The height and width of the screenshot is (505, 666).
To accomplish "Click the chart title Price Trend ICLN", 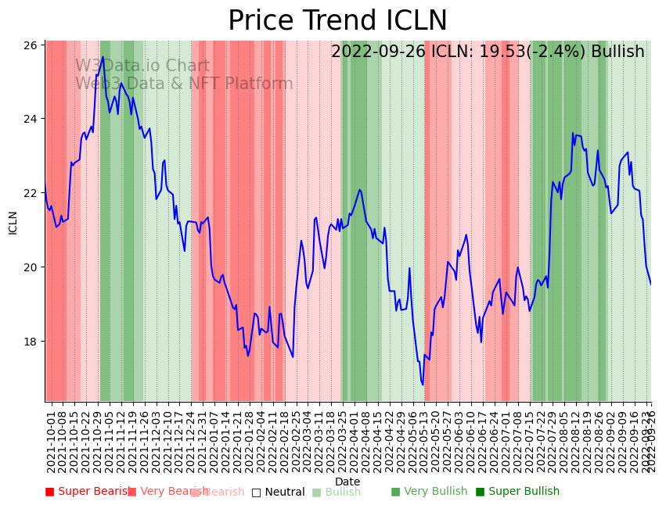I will [x=337, y=21].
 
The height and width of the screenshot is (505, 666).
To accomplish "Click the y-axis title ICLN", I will [x=13, y=222].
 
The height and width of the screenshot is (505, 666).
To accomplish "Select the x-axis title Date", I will [x=347, y=482].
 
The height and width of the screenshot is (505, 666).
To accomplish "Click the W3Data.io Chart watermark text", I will [x=142, y=66].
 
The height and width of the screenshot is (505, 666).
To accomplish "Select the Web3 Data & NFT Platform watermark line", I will [x=184, y=84].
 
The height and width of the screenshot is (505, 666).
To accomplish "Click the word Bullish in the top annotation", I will [x=617, y=52].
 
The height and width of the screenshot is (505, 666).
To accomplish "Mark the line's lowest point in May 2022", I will [x=423, y=385].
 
